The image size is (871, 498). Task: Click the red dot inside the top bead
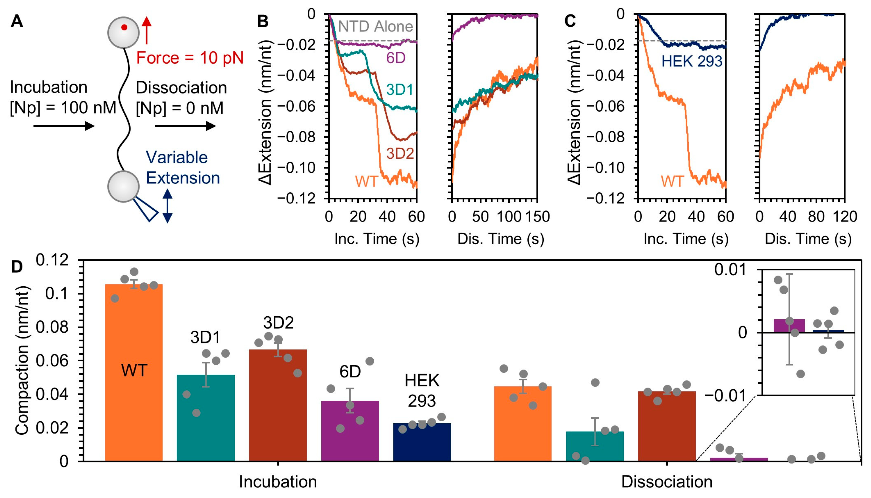pos(124,27)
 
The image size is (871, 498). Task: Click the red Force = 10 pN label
pos(190,58)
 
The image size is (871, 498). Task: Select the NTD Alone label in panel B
pos(375,26)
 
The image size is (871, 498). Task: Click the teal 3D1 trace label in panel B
pos(399,90)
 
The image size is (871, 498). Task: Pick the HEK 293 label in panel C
pos(692,62)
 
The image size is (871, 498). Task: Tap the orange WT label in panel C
pos(672,181)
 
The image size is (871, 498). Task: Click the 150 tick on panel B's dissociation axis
pos(537,217)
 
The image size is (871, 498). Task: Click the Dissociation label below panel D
pos(667,481)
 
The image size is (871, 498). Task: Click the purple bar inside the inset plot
pos(789,325)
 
